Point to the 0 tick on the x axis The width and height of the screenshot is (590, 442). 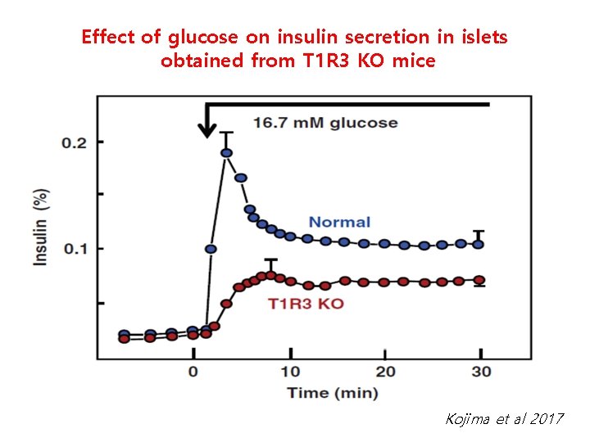coord(193,372)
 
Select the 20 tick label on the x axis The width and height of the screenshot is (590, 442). coord(385,372)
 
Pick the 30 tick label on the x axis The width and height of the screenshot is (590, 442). coord(482,372)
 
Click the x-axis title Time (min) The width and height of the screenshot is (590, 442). coord(333,393)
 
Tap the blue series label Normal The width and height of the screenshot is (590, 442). coord(339,222)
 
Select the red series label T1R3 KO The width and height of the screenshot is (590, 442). coord(306,304)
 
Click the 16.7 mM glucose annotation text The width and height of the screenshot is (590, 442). coord(324,123)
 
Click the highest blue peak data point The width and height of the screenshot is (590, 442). coord(226,153)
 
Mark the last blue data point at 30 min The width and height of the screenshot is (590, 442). coord(479,244)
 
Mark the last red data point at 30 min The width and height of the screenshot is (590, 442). coord(479,280)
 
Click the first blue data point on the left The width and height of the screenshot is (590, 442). coord(125,335)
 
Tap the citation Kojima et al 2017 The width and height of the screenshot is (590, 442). coord(504,419)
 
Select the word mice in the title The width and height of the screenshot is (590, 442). coord(414,61)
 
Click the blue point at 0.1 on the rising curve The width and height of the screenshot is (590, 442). coord(211,249)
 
